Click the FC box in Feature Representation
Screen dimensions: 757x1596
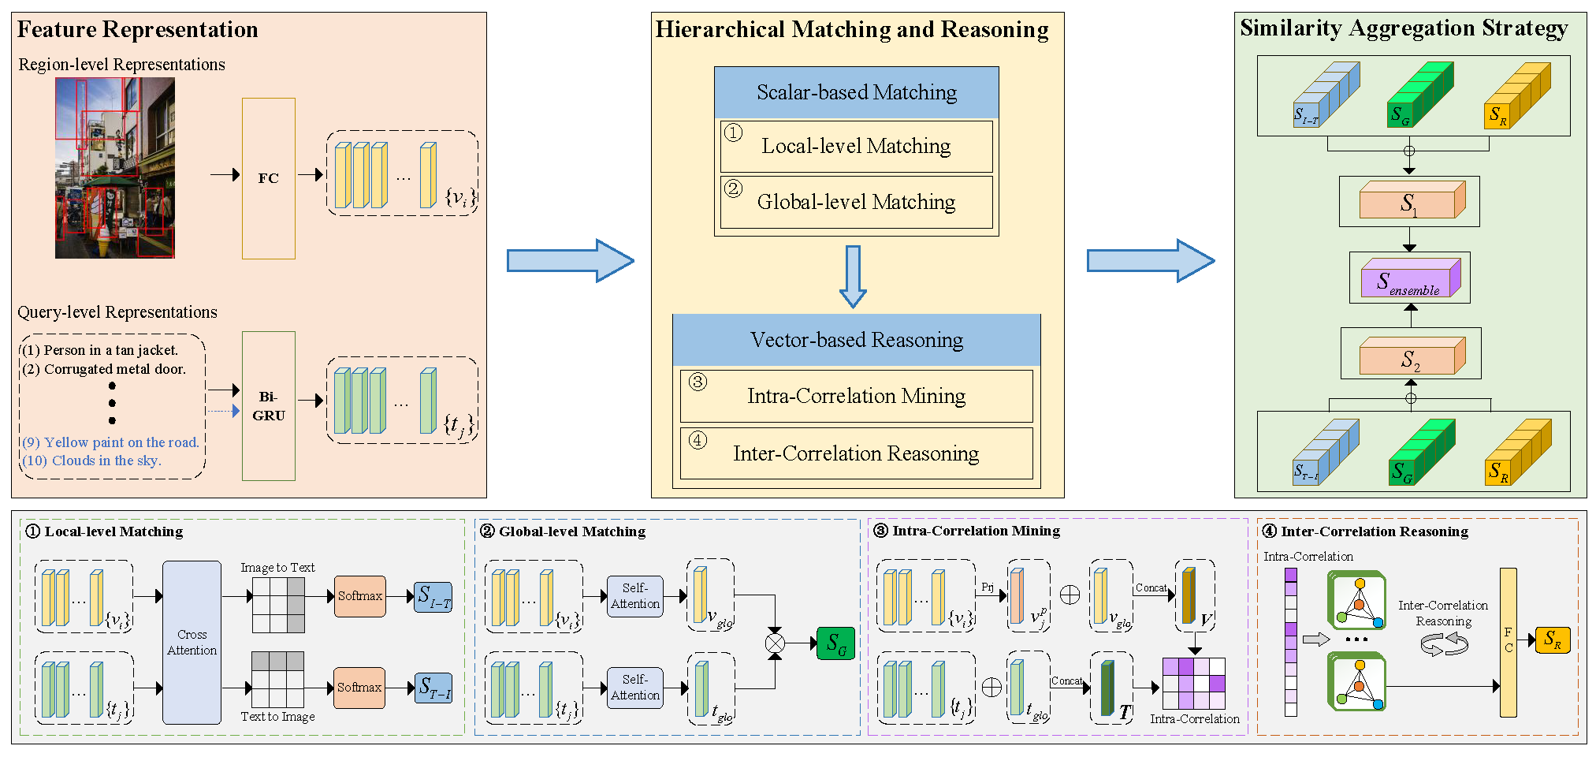click(268, 178)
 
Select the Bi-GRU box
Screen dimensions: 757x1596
click(268, 405)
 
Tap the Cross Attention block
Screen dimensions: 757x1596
click(192, 642)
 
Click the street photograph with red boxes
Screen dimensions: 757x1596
click(114, 168)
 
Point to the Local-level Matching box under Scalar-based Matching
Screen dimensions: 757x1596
click(856, 147)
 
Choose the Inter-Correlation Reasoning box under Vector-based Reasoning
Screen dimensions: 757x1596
click(856, 453)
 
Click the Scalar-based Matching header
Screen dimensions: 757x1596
click(856, 93)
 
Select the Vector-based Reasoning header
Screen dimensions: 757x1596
click(856, 340)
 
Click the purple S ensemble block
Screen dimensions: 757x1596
click(1410, 278)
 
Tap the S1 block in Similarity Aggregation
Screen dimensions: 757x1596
click(1410, 201)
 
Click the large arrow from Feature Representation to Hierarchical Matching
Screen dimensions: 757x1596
click(569, 260)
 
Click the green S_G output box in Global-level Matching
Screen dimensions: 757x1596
click(835, 643)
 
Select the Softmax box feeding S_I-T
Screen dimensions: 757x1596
click(360, 596)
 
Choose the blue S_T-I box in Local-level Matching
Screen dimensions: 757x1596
click(433, 688)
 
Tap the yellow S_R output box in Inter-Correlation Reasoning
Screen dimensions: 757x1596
click(1553, 640)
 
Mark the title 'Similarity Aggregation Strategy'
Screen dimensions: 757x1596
click(1404, 28)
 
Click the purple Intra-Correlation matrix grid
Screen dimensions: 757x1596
click(1194, 684)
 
